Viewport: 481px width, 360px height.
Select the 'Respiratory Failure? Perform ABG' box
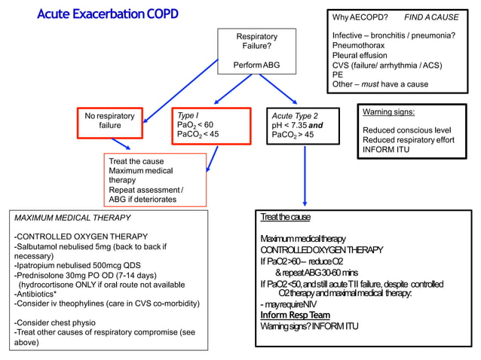click(x=256, y=50)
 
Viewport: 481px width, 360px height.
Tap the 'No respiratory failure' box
click(x=109, y=121)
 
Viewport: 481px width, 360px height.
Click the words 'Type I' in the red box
click(x=188, y=115)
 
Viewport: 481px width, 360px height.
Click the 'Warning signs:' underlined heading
click(x=388, y=112)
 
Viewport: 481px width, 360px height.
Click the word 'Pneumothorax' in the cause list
click(x=358, y=45)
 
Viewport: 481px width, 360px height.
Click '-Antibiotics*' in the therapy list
click(x=38, y=294)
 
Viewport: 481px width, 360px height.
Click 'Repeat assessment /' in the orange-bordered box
click(x=146, y=190)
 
